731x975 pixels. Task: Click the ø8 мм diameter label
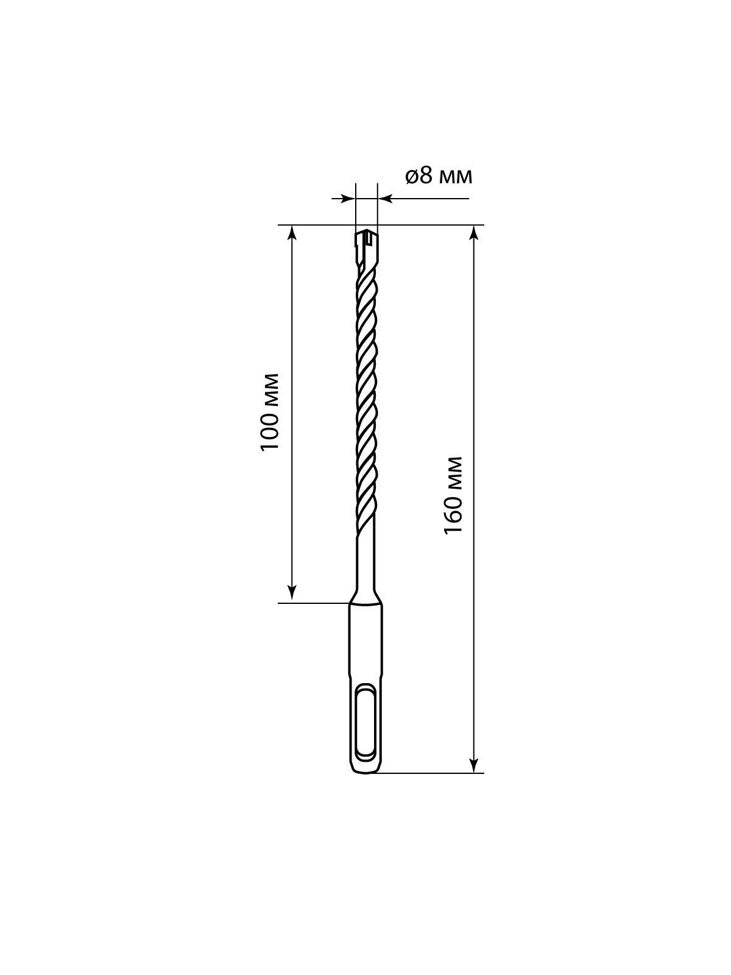coord(439,177)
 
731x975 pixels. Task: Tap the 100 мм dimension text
coord(270,412)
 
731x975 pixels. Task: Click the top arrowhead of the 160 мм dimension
coord(474,233)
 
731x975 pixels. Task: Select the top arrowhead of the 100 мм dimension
coord(292,233)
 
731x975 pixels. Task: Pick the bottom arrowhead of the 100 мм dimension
coord(292,595)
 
